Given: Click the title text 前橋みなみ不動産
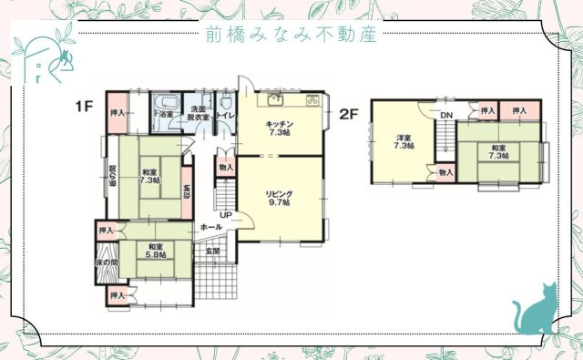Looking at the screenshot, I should point(291,34).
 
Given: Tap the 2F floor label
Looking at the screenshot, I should point(348,114).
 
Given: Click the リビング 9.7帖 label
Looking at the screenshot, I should point(279,198).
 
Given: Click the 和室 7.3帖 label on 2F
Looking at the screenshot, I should point(498,151).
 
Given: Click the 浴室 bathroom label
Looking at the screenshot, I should point(166,115).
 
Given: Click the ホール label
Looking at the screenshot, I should point(210,227).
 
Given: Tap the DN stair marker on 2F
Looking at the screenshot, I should point(446,116).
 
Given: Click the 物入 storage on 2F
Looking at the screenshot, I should point(445,172).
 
